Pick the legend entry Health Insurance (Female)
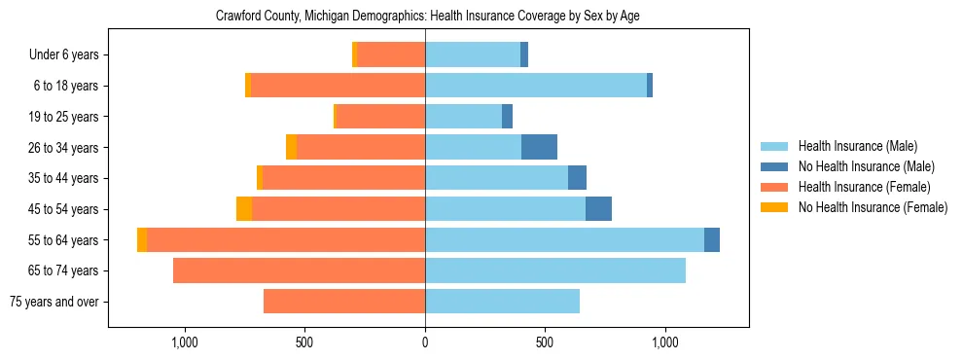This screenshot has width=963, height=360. coord(857,187)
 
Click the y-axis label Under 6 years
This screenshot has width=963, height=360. coord(63,55)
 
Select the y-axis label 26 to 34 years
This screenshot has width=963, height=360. coord(65,148)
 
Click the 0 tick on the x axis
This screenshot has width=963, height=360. coord(425,342)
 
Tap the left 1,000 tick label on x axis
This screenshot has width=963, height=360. coord(185,342)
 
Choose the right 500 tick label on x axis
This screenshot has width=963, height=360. coord(545,342)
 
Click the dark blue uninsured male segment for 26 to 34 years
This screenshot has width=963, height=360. coord(539,147)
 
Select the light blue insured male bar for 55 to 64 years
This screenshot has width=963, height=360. coord(564,239)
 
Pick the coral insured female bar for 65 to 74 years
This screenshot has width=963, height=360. coord(299,270)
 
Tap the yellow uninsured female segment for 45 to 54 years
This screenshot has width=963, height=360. coord(244,209)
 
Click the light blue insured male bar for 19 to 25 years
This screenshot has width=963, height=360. coord(463,117)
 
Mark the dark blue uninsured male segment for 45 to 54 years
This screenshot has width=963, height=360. coord(598,209)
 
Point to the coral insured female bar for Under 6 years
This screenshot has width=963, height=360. coord(391,55)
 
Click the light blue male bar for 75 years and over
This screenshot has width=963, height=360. coord(502,302)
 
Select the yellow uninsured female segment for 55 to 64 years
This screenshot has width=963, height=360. coord(142,239)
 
